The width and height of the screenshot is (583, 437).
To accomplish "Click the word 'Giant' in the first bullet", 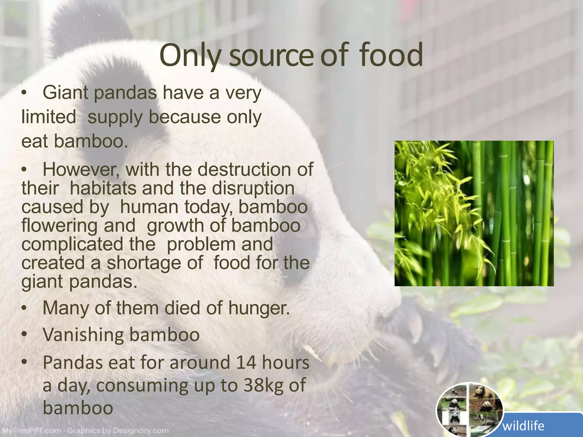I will (x=65, y=93).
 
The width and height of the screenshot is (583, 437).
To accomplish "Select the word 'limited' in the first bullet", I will (x=49, y=117).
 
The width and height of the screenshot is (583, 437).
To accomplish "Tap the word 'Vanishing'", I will (x=83, y=335).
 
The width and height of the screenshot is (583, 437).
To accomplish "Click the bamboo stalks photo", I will (x=474, y=213).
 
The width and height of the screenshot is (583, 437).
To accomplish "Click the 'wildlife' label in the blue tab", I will (x=524, y=426).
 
